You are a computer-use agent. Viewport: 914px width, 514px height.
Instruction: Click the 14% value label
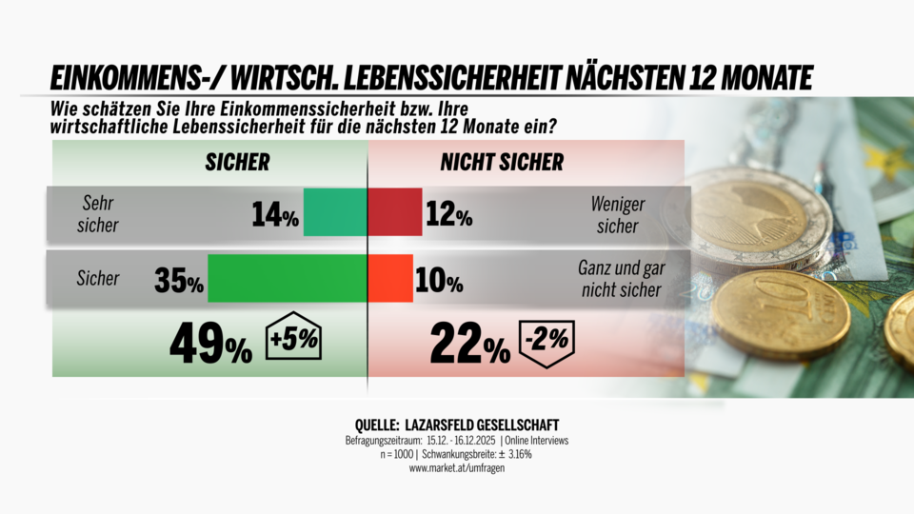pyautogui.click(x=275, y=215)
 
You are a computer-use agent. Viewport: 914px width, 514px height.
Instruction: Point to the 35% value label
pyautogui.click(x=179, y=282)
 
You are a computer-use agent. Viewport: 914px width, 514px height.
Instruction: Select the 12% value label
pyautogui.click(x=448, y=215)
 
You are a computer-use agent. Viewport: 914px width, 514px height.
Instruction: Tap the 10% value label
pyautogui.click(x=439, y=282)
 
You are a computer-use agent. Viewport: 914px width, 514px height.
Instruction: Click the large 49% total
pyautogui.click(x=210, y=345)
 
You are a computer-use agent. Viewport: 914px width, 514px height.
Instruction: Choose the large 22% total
pyautogui.click(x=469, y=345)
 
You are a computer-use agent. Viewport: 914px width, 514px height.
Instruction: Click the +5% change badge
pyautogui.click(x=295, y=338)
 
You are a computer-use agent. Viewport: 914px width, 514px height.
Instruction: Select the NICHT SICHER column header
pyautogui.click(x=502, y=162)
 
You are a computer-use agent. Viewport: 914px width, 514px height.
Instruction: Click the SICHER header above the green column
pyautogui.click(x=237, y=162)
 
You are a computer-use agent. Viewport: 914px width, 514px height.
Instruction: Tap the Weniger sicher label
pyautogui.click(x=618, y=212)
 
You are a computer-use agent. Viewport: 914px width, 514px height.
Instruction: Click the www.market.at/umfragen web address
pyautogui.click(x=457, y=469)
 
